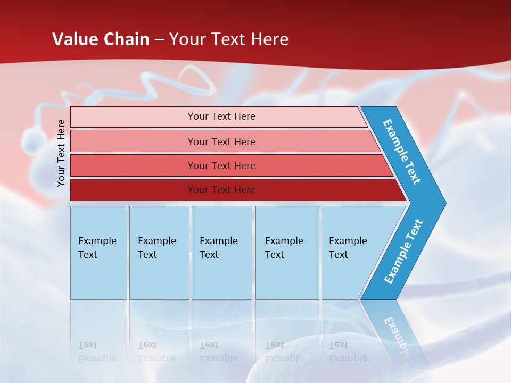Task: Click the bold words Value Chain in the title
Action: (x=101, y=39)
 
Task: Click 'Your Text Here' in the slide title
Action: (x=228, y=39)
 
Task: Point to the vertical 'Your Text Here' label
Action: (x=61, y=153)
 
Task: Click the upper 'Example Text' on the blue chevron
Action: (x=402, y=152)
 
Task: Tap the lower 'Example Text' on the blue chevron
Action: (x=403, y=252)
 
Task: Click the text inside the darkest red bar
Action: (x=221, y=190)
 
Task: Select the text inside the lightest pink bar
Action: (x=221, y=116)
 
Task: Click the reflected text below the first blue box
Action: (x=97, y=352)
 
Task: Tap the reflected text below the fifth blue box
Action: (x=348, y=352)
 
